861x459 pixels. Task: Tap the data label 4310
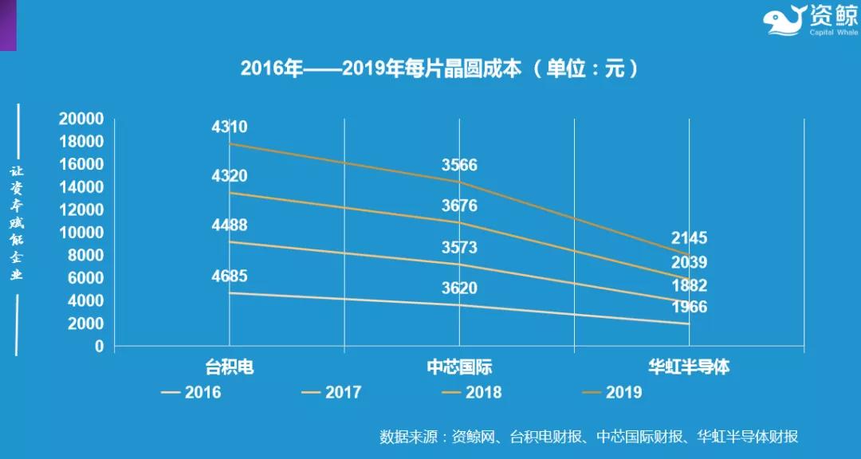[x=229, y=127]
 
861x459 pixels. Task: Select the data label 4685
[x=229, y=277]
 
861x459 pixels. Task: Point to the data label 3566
[x=459, y=166]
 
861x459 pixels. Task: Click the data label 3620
[x=459, y=288]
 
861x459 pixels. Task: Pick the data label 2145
[x=689, y=238]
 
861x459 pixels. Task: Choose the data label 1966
[x=689, y=307]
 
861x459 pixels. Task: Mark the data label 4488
[x=229, y=226]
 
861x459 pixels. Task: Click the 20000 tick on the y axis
[x=81, y=120]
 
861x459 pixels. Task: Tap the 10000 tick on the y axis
[x=81, y=233]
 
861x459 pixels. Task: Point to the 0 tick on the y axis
[x=99, y=347]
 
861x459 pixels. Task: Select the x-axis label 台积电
[x=229, y=367]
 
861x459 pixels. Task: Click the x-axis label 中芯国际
[x=459, y=367]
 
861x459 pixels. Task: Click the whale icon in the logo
[x=785, y=21]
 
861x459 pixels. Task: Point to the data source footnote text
[x=589, y=437]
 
